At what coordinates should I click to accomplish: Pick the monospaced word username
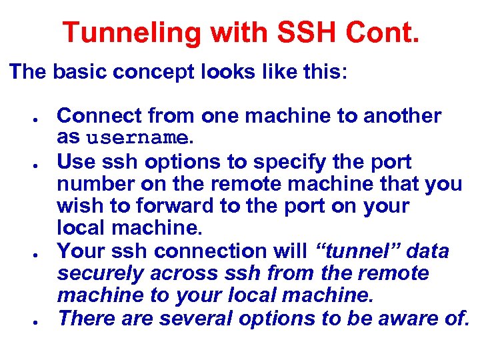pos(137,139)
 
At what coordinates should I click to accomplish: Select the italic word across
pos(183,274)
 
